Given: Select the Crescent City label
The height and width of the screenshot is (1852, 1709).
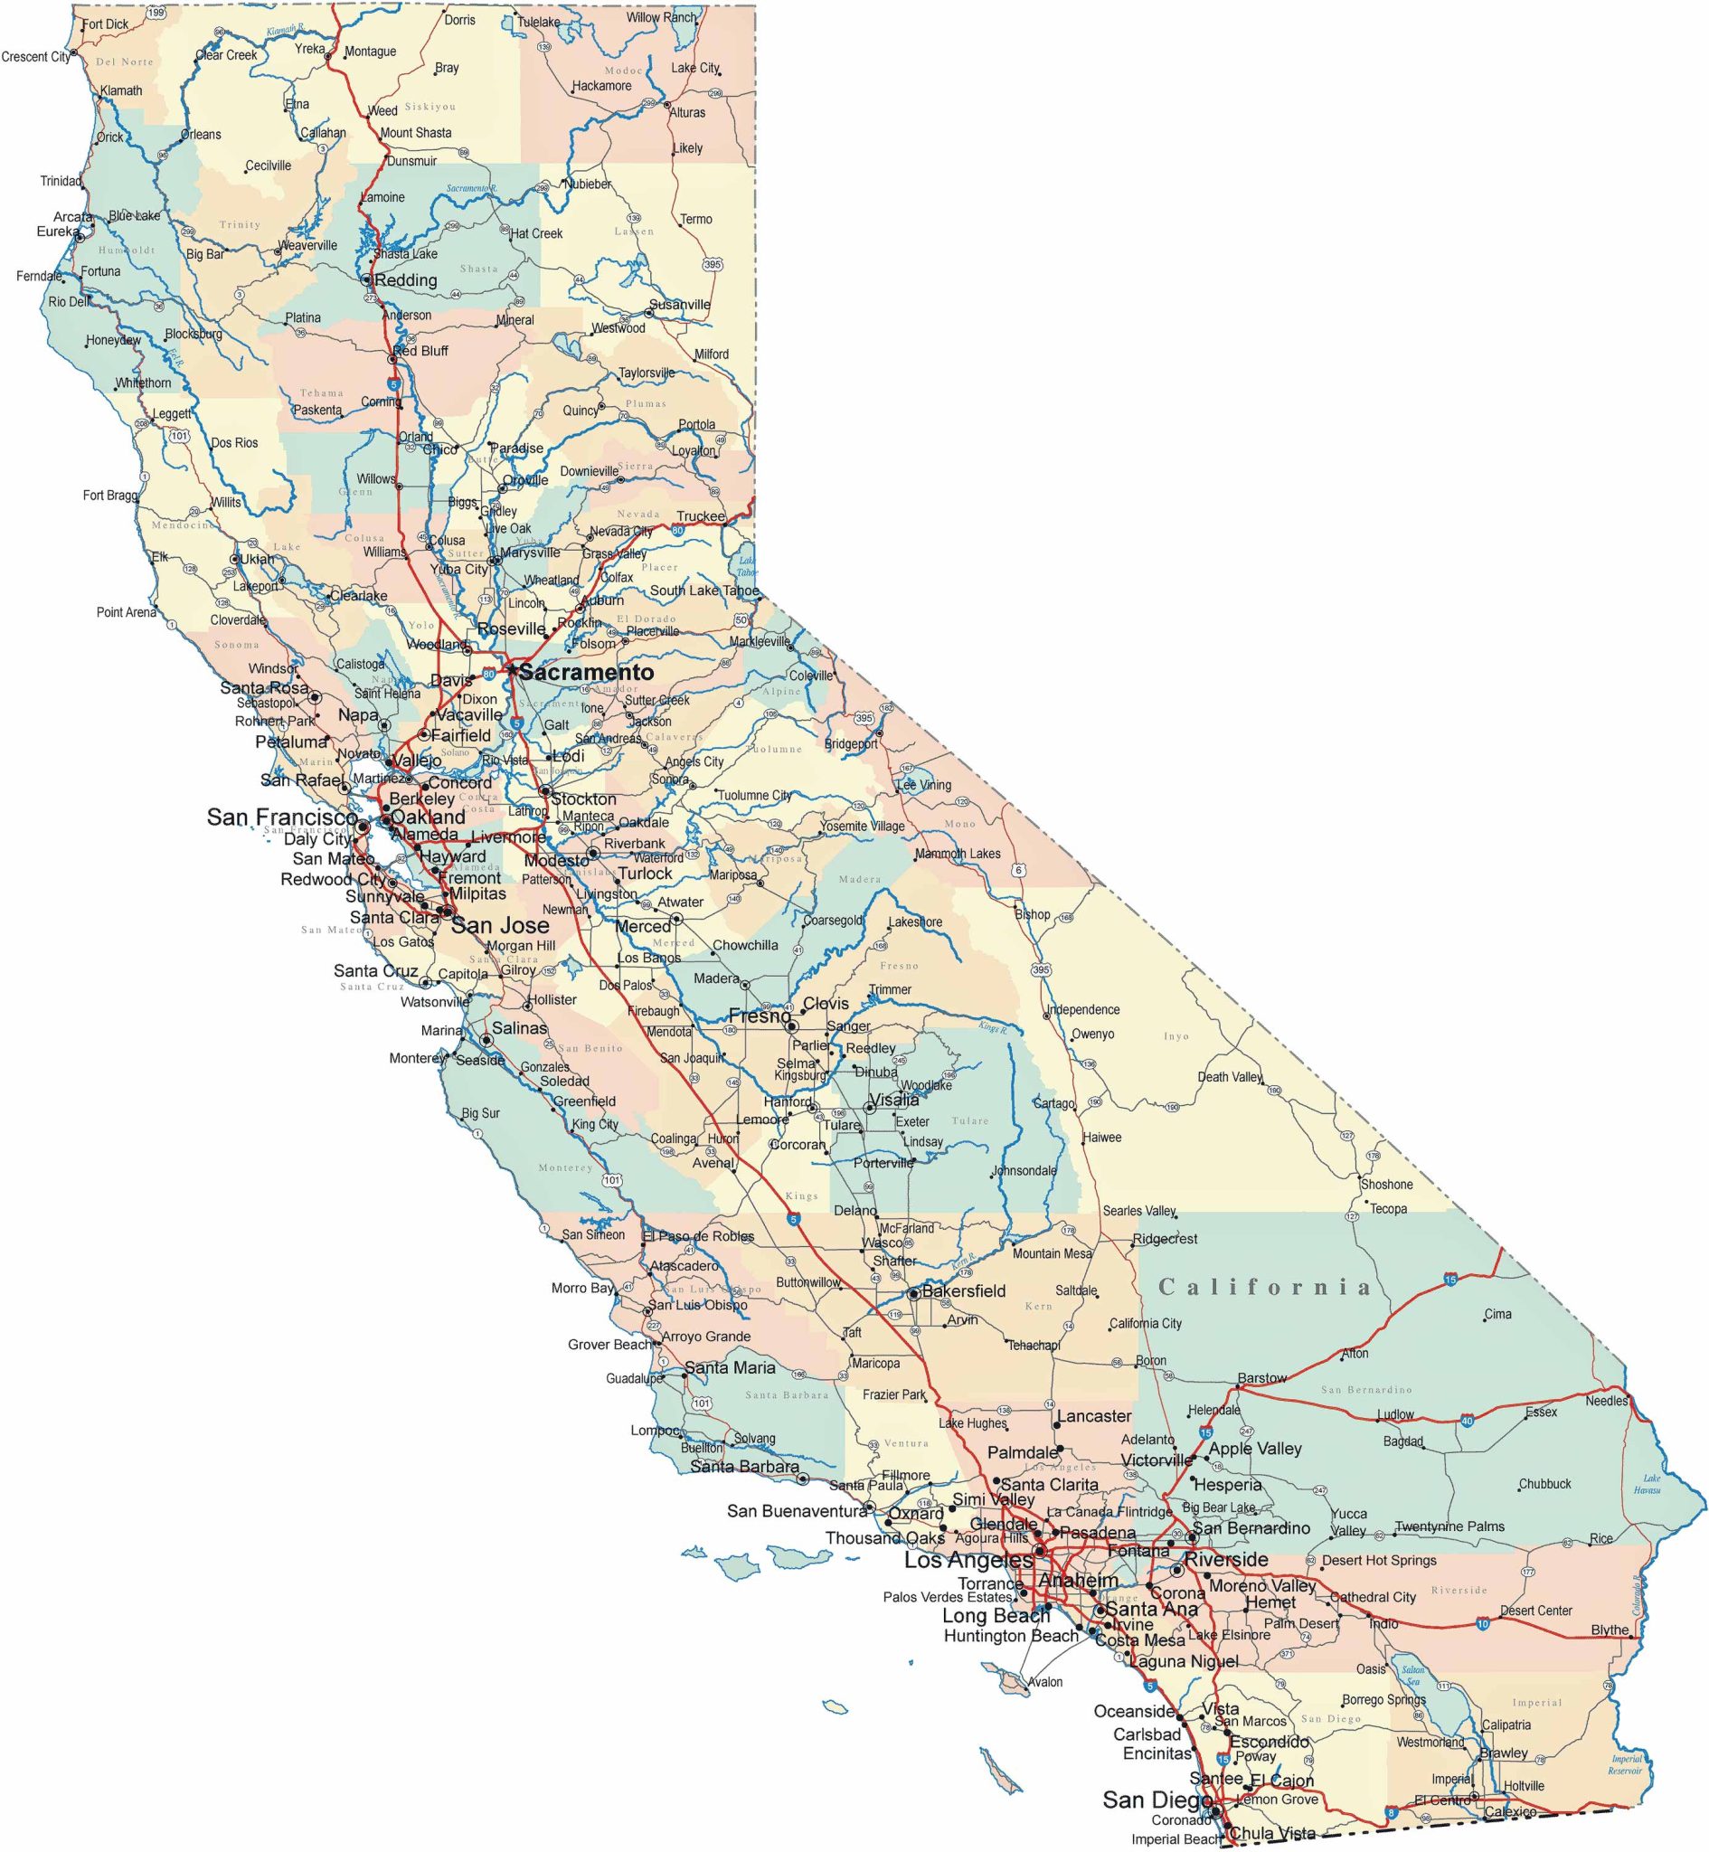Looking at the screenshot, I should tap(36, 57).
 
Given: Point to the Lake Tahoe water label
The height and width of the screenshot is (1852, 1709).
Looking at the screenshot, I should tap(747, 567).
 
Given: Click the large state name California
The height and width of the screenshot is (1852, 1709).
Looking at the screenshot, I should tap(1264, 1287).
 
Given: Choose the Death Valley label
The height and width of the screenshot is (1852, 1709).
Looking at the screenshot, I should tap(1229, 1076).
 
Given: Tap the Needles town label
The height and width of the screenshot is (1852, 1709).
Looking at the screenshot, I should tap(1606, 1401).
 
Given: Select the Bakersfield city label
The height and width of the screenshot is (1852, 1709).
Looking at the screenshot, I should tap(964, 1290).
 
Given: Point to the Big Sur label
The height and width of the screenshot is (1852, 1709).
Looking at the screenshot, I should tap(481, 1113).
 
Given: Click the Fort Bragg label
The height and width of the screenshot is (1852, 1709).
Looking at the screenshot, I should tap(110, 496).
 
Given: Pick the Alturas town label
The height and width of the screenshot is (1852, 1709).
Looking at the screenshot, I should tap(687, 113).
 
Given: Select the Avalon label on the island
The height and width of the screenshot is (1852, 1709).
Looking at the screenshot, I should tap(1045, 1682).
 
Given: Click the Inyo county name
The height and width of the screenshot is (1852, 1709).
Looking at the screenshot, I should tap(1176, 1036).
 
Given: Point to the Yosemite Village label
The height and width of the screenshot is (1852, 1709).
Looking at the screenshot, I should tap(862, 827).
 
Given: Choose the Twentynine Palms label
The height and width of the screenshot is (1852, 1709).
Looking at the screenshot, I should tap(1449, 1526).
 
